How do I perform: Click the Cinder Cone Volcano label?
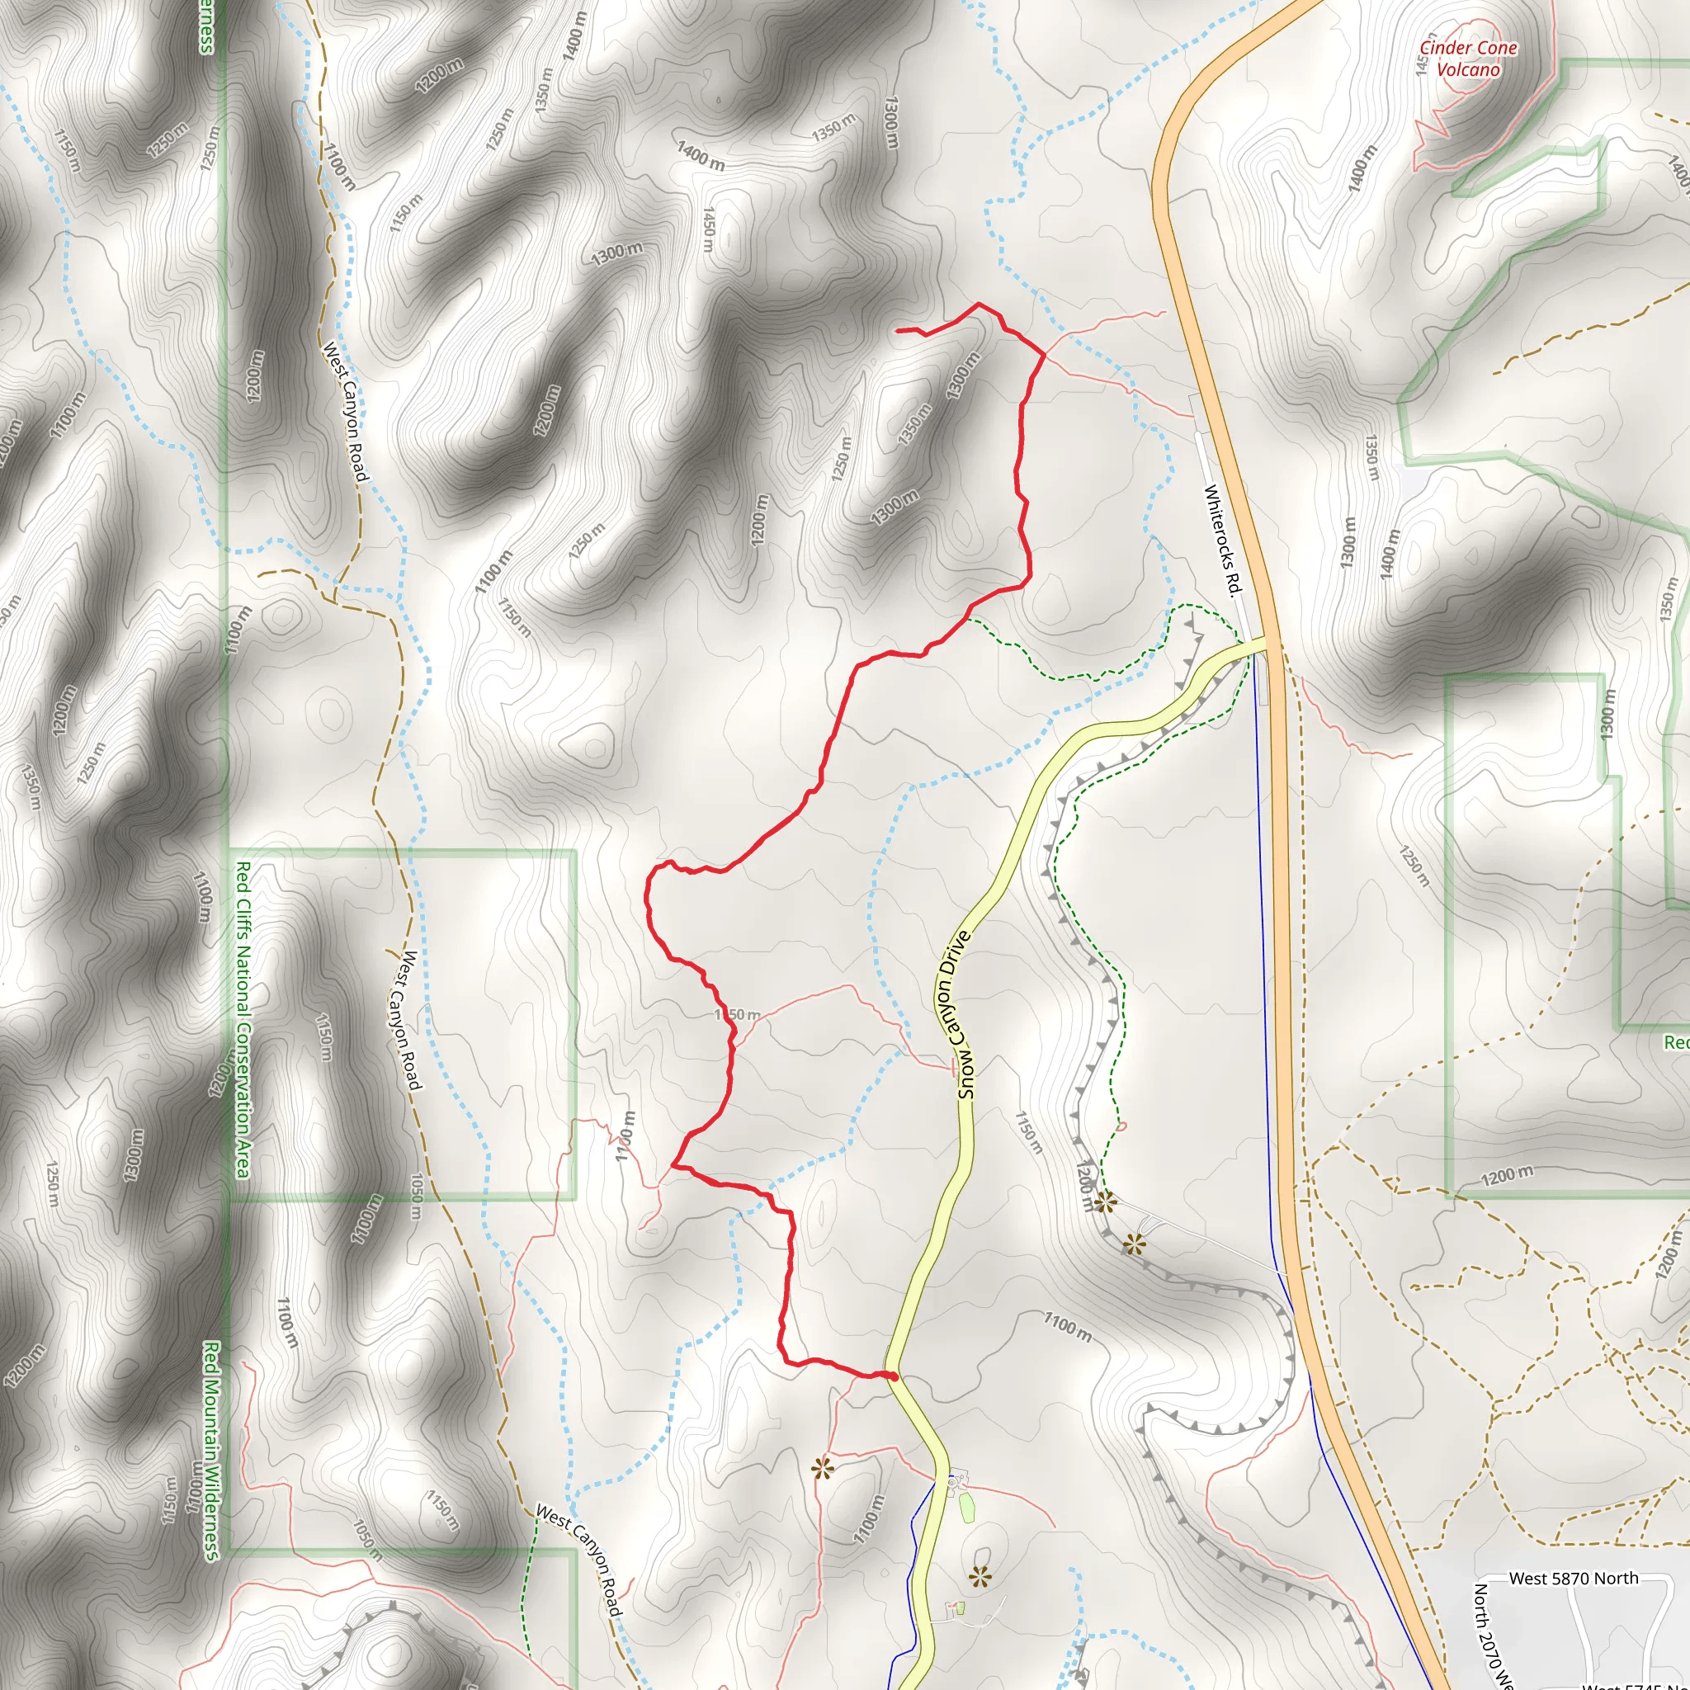[x=1468, y=59]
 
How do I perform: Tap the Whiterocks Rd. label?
[x=1223, y=540]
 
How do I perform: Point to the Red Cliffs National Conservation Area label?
[x=243, y=1019]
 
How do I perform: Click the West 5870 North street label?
[x=1574, y=1578]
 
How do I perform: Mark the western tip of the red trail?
[x=899, y=330]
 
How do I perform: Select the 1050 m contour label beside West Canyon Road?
[x=418, y=1197]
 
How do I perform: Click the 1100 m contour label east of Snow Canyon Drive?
[x=1067, y=1327]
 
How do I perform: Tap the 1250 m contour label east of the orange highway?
[x=1414, y=866]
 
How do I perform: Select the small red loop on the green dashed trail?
[x=1122, y=1126]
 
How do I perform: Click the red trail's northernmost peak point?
[x=978, y=304]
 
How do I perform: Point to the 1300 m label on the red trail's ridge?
[x=964, y=375]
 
